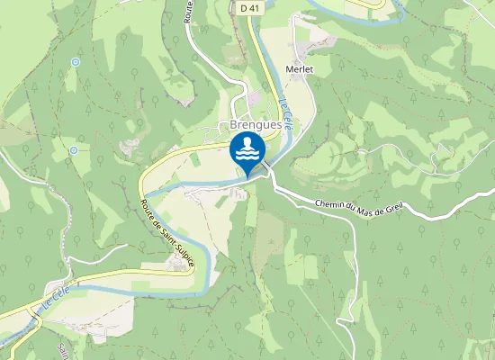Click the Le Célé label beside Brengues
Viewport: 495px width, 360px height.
(285, 114)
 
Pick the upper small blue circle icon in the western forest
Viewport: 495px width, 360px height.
(75, 62)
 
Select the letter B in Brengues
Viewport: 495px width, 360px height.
(233, 124)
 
